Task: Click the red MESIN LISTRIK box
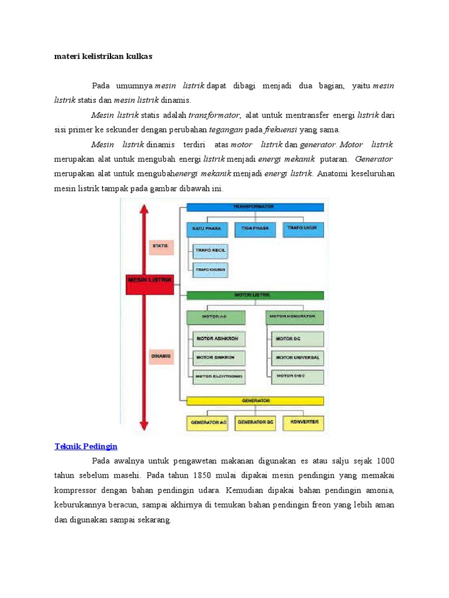(x=150, y=280)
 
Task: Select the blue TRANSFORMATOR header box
(x=255, y=207)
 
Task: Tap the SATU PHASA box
(x=208, y=228)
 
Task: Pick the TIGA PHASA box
(x=255, y=228)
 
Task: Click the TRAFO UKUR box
(x=302, y=228)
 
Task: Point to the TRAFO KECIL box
(x=210, y=251)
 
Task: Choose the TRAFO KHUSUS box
(x=210, y=270)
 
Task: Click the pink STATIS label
(x=161, y=246)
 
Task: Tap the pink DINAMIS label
(x=161, y=356)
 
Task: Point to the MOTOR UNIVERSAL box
(x=298, y=357)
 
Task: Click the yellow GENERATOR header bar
(x=255, y=401)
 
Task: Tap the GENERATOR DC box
(x=255, y=422)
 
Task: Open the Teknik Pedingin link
(x=86, y=446)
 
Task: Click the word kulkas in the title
(x=140, y=56)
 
